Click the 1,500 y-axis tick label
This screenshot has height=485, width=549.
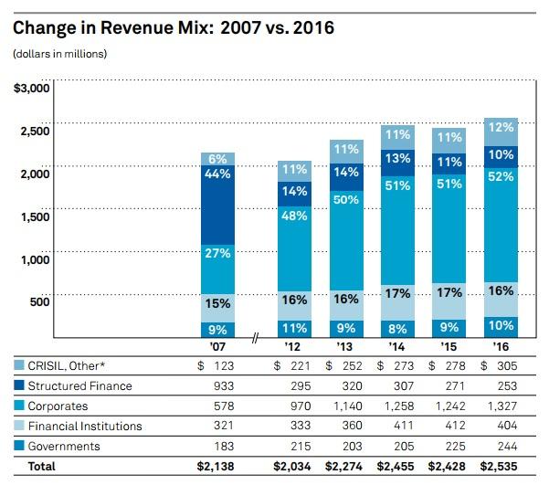[36, 217]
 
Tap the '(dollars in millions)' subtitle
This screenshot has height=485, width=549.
[59, 54]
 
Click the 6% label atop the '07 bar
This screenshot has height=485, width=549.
[218, 159]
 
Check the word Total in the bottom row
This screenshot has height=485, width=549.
[41, 466]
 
